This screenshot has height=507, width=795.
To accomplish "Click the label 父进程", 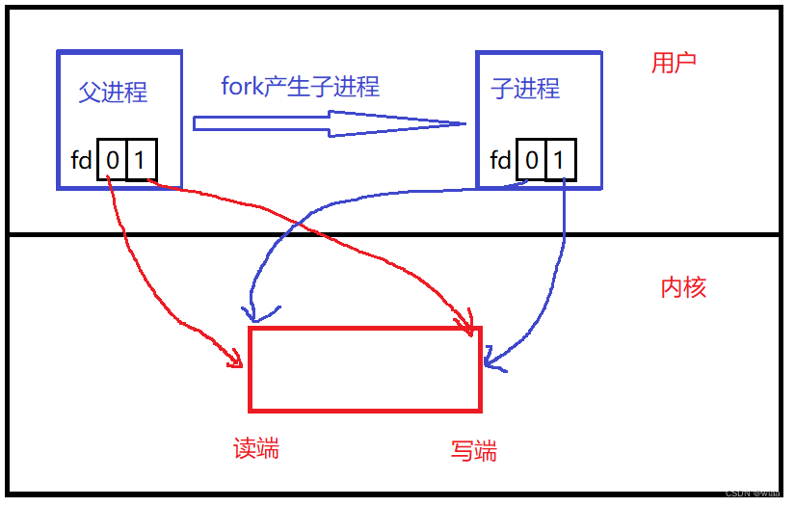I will pos(113,92).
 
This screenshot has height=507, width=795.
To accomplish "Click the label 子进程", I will pos(525,90).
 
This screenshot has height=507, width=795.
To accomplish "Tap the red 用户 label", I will pos(674,64).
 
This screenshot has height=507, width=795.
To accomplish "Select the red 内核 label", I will pos(683,287).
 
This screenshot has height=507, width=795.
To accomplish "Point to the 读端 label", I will pos(256,448).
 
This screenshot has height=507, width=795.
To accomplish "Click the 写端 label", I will pos(474,450).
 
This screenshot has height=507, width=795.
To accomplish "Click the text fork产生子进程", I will pos(301,87).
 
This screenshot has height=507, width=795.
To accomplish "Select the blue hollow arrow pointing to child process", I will pos(328,123).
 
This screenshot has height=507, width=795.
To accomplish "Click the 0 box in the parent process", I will pos(113,160).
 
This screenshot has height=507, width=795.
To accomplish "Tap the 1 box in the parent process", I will pos(140,160).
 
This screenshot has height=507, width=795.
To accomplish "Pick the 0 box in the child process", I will pos(532,160).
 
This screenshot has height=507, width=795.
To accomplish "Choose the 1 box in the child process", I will pos(561,160).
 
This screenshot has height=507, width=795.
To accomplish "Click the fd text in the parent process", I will pos(81,160).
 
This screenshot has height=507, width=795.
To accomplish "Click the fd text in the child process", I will pos(500,160).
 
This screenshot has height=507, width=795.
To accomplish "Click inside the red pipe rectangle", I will pos(364,368).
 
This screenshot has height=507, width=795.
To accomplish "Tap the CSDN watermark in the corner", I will pos(752,492).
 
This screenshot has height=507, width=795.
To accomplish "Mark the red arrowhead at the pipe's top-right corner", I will pos(469,326).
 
